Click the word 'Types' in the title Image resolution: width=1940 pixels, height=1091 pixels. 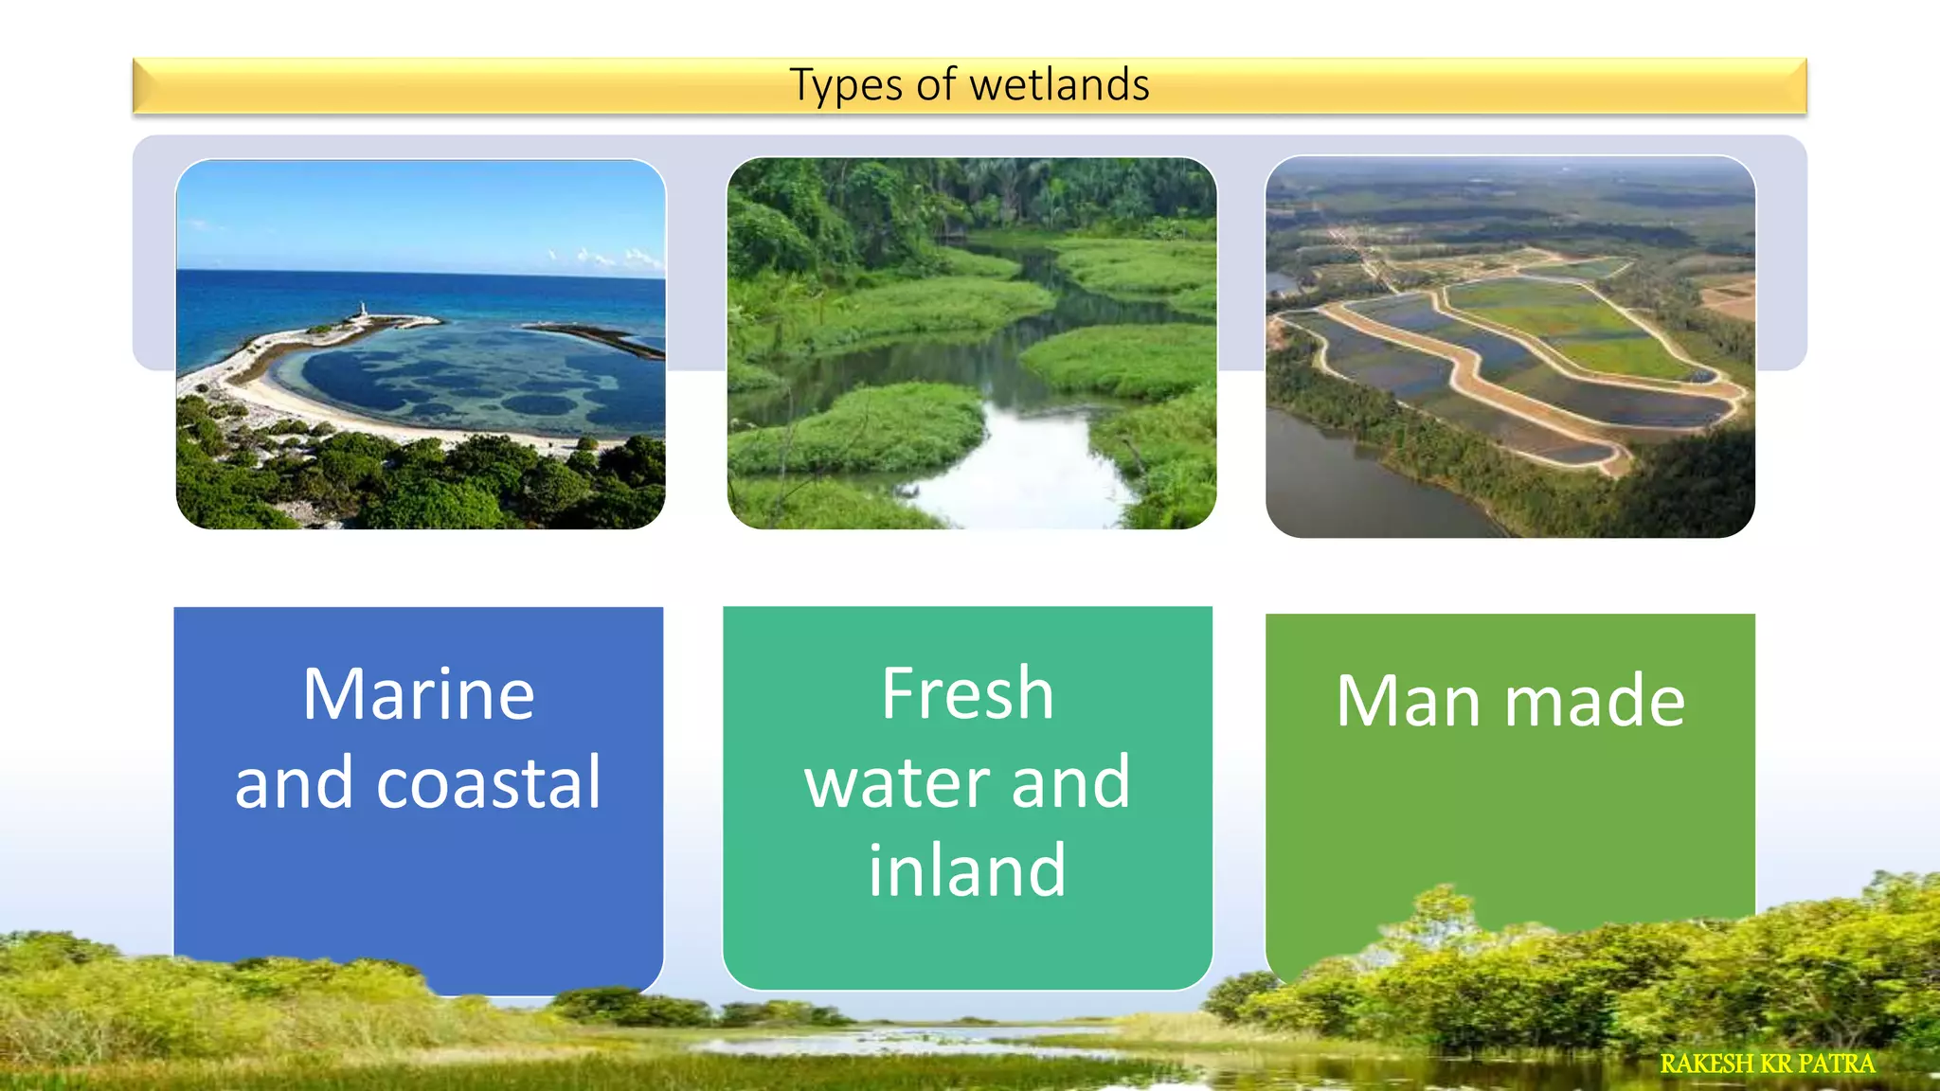point(845,85)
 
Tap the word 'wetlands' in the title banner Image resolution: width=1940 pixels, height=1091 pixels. point(1059,85)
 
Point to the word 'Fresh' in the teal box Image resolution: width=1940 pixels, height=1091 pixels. point(967,693)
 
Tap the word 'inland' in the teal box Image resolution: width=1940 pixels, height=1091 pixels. point(967,870)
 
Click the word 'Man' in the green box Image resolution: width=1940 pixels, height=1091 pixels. point(1408,701)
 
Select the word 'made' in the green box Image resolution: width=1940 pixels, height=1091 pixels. point(1595,701)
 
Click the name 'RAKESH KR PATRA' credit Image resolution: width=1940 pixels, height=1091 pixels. point(1767,1064)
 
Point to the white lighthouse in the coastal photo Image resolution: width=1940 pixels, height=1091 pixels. point(361,310)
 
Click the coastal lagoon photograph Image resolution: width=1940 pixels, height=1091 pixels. point(421,344)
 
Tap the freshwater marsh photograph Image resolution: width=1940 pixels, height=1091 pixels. point(971,343)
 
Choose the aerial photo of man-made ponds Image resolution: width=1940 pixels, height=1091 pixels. point(1510,347)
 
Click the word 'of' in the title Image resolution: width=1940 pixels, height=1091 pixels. point(936,85)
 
